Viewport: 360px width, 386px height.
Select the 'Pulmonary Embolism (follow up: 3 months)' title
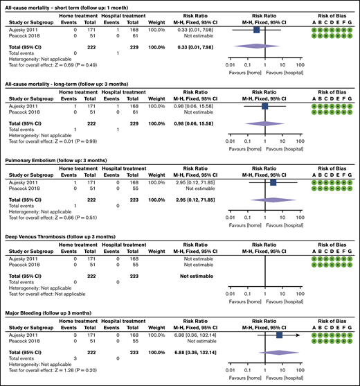[x=55, y=160]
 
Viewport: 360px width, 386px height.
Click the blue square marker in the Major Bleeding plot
[x=279, y=335]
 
